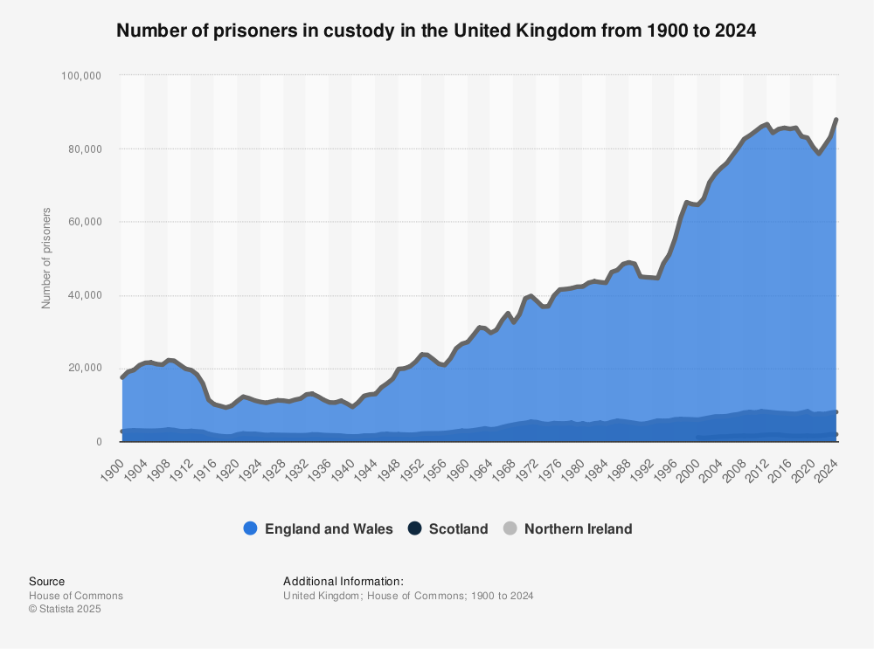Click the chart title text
436,31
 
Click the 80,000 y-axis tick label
85,149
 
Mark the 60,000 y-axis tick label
85,222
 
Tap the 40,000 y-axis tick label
85,295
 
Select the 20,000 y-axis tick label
85,369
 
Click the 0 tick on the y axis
101,442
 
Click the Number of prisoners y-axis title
46,258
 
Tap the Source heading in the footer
46,582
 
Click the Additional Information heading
343,582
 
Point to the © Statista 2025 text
65,610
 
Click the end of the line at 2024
836,120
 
